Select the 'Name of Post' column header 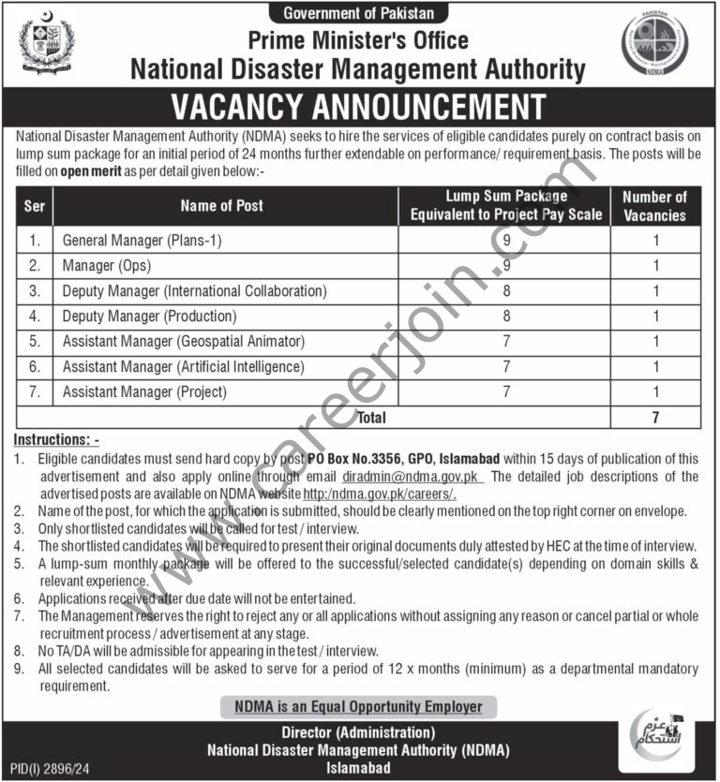coord(221,205)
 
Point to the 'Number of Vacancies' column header coord(654,205)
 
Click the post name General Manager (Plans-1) coord(142,241)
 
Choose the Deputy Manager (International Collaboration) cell coord(194,291)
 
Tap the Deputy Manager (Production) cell coord(149,317)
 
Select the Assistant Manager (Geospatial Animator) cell coord(183,342)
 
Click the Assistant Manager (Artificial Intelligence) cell coord(183,367)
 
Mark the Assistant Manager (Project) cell coord(144,392)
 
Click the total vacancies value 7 coord(655,418)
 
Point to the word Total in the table coord(371,418)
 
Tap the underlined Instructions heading coord(57,439)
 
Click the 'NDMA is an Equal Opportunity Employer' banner coord(359,707)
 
